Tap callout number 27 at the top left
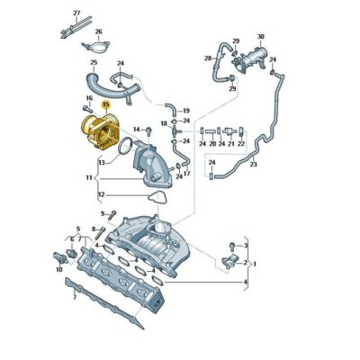[x=76, y=13]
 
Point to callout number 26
[x=99, y=32]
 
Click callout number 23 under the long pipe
[x=254, y=165]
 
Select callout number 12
[x=101, y=195]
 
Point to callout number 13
[x=102, y=163]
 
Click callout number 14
[x=137, y=130]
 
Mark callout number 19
[x=185, y=109]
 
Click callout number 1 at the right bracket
[x=255, y=263]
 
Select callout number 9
[x=102, y=213]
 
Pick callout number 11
[x=88, y=179]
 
